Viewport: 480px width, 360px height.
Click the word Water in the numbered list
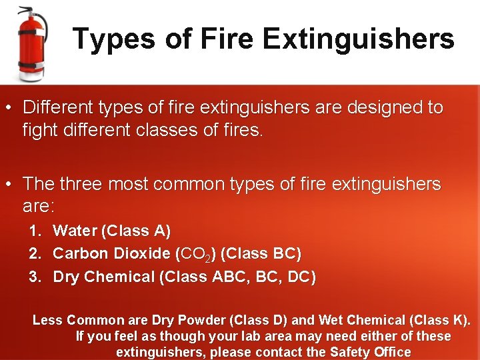[x=74, y=231]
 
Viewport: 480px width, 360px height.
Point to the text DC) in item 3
[x=302, y=277]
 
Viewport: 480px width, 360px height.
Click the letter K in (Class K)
[x=458, y=320]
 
